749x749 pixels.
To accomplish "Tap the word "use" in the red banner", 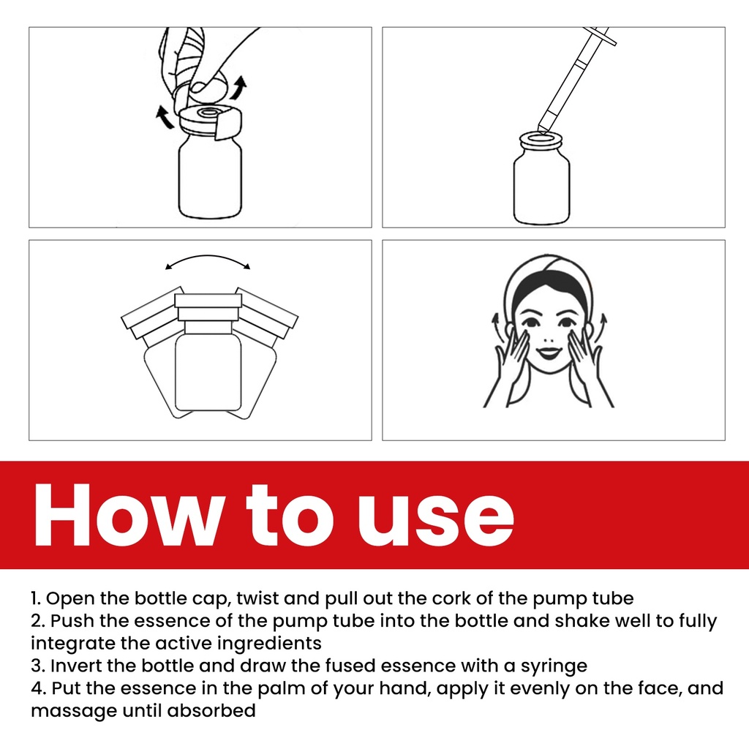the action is point(436,522).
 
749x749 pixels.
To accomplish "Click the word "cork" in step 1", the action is point(448,598).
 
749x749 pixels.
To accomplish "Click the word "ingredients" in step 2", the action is point(269,644).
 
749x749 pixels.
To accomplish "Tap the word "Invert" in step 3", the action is point(74,666).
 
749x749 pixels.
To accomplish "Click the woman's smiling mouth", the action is point(548,353).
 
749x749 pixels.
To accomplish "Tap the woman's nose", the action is point(549,339).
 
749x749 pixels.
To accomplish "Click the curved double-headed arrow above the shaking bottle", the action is point(208,257).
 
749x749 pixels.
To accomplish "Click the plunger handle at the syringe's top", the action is point(602,35).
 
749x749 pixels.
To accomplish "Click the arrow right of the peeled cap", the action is point(238,88).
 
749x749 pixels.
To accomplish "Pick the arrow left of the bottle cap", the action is point(165,118).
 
